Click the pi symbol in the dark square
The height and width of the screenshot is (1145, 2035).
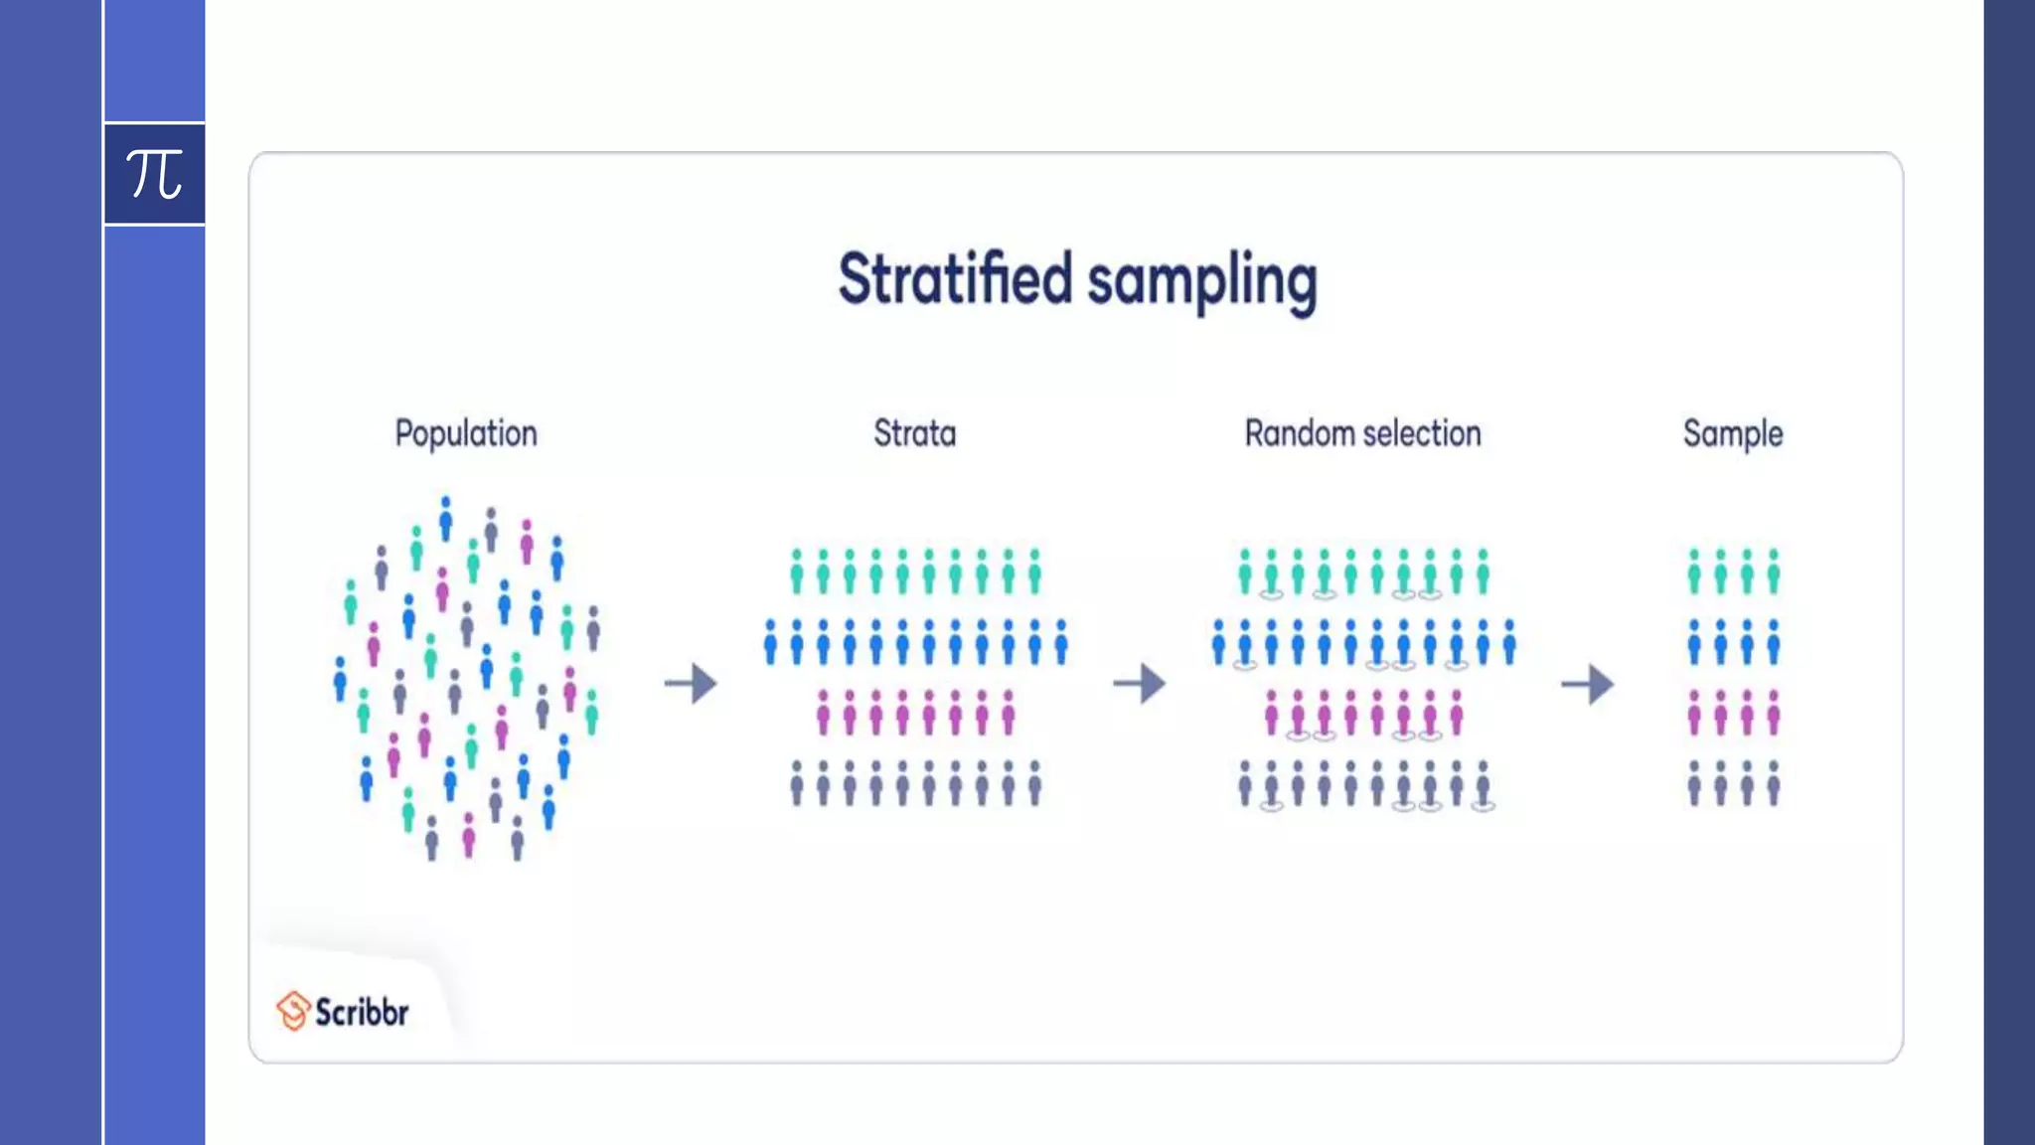click(154, 174)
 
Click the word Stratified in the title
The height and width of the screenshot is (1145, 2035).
click(955, 279)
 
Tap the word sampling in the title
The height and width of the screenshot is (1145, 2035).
click(1201, 281)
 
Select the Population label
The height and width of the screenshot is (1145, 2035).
click(466, 434)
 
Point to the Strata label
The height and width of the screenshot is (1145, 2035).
click(914, 433)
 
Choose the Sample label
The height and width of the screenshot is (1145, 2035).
click(1732, 434)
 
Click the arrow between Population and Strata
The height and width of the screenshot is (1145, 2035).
click(691, 684)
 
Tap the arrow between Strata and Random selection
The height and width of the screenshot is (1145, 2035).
click(1139, 684)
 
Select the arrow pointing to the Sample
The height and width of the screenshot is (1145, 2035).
click(1587, 684)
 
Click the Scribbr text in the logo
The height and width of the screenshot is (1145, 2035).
click(362, 1012)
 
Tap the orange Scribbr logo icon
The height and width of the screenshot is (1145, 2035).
click(293, 1011)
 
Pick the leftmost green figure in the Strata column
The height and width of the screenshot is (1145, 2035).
click(797, 572)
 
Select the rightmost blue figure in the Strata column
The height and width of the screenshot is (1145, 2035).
click(1060, 642)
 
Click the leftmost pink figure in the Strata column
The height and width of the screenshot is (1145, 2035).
click(823, 713)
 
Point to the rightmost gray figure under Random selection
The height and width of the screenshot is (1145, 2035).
click(1483, 783)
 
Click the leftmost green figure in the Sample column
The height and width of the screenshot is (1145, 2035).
click(1694, 572)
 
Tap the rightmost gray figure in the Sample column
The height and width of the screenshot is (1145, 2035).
click(1773, 783)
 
